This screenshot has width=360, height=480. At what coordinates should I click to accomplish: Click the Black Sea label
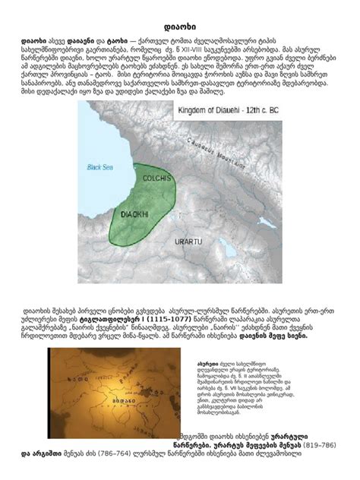pyautogui.click(x=99, y=165)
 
